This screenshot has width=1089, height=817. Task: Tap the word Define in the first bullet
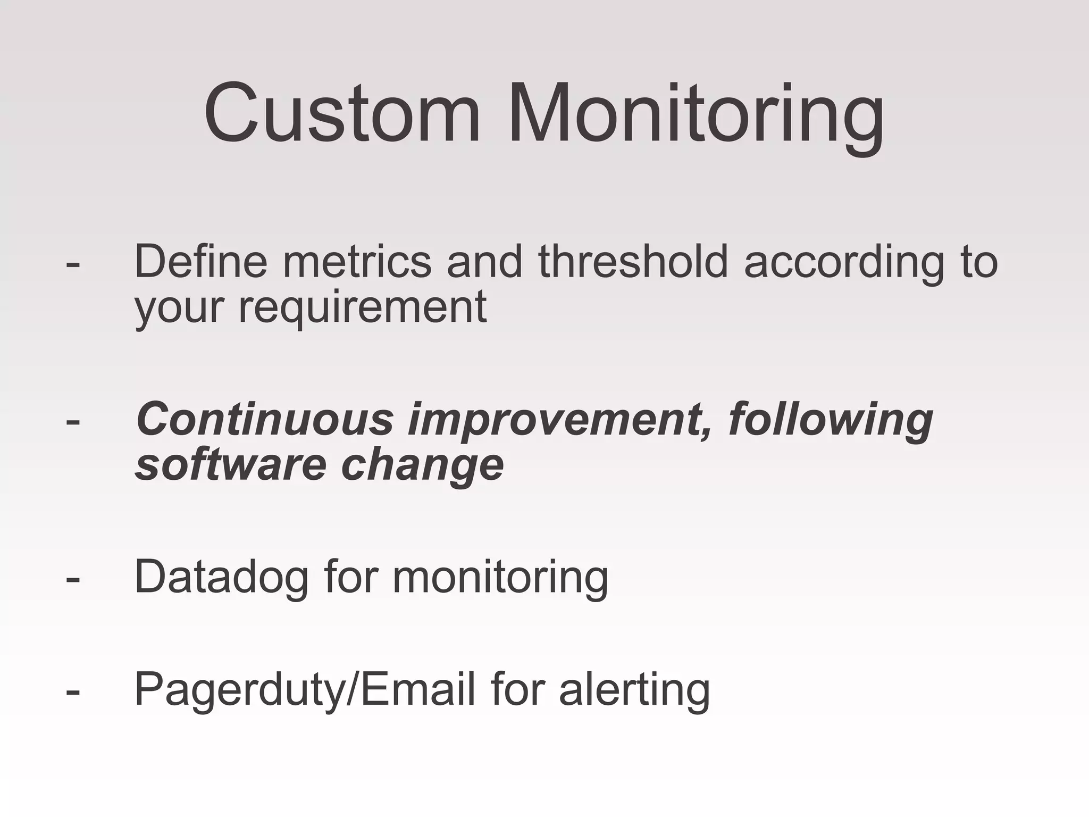point(200,261)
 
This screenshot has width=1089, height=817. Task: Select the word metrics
point(357,261)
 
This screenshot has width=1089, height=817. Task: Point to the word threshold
point(633,261)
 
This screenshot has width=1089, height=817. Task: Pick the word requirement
point(362,308)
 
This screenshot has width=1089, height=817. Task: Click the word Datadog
point(221,578)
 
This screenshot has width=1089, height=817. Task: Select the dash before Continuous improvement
point(73,421)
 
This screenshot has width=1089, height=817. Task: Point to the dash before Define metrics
point(73,263)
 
